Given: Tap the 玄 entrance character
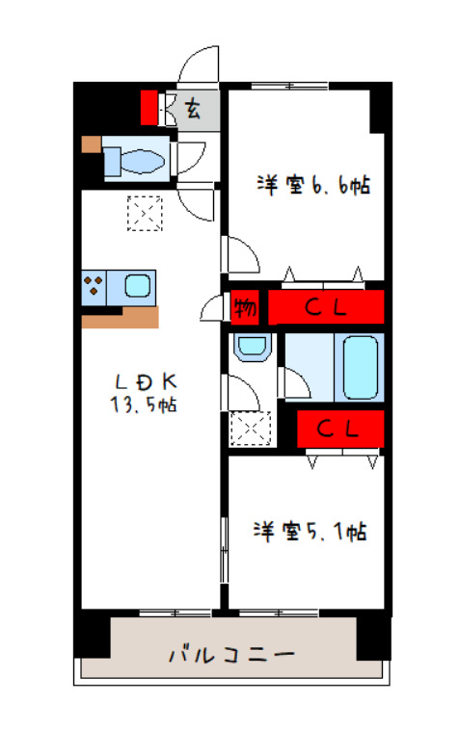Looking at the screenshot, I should point(193,108).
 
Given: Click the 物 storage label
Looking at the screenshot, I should point(244,309).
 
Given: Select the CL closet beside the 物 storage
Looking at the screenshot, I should point(326,308).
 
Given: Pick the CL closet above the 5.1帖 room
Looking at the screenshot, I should point(340,430).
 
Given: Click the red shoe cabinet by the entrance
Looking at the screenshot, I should point(149,107).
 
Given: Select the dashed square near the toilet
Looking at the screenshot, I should point(146,213).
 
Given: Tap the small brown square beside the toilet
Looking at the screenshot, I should point(90,145).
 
